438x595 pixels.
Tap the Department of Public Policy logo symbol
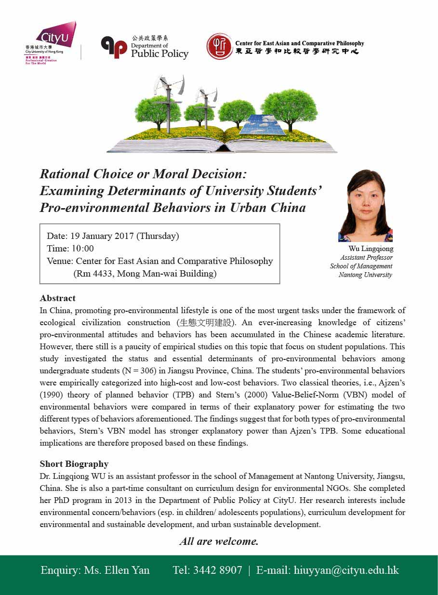[113, 47]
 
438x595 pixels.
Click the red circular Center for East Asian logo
[219, 46]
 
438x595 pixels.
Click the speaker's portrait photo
[366, 206]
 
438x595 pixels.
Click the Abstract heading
[57, 298]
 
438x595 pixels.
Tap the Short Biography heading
[74, 464]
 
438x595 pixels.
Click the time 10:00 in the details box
[83, 249]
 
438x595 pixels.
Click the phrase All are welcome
[219, 541]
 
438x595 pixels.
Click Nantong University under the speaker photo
[365, 275]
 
